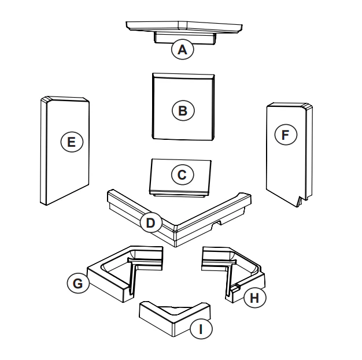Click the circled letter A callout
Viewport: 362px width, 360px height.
pos(182,49)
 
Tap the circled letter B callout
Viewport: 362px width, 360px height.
pos(183,110)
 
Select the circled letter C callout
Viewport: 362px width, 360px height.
pos(182,175)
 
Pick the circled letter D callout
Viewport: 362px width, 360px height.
pos(151,223)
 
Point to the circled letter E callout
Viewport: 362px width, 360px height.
pos(72,142)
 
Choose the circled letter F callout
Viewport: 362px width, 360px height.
pos(286,135)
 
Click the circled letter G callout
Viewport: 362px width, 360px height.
pos(78,283)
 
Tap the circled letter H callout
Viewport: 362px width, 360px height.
pos(254,298)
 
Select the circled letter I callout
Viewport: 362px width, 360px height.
pos(201,329)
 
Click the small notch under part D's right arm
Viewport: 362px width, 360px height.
pos(217,223)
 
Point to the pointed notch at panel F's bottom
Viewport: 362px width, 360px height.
pos(300,201)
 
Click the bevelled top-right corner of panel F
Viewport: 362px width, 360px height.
pos(308,107)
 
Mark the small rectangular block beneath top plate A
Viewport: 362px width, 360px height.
pos(184,38)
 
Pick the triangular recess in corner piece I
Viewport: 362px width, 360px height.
pos(175,310)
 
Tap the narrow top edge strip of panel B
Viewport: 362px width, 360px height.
pos(183,76)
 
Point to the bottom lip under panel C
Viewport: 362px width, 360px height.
pos(179,195)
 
